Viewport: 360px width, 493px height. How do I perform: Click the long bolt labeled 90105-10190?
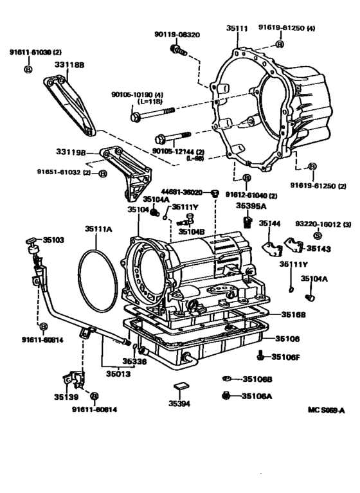pyautogui.click(x=154, y=117)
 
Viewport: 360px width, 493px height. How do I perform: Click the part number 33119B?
pyautogui.click(x=69, y=152)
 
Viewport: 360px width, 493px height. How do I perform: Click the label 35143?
pyautogui.click(x=319, y=247)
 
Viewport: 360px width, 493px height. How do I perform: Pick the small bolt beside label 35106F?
pyautogui.click(x=259, y=355)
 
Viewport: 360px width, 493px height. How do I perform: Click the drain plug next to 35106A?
pyautogui.click(x=226, y=395)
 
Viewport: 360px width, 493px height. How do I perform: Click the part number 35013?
pyautogui.click(x=118, y=373)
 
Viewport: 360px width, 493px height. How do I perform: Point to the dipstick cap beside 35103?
pyautogui.click(x=31, y=241)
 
